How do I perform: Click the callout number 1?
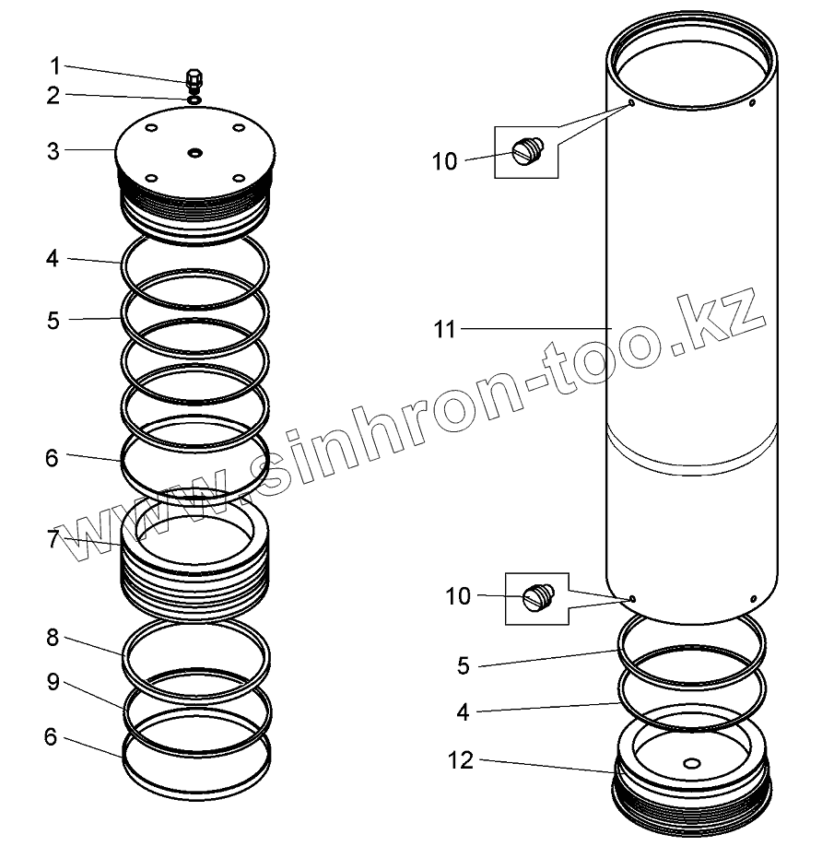click(54, 66)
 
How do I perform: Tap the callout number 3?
click(54, 150)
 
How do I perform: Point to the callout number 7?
click(54, 539)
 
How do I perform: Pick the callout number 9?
click(54, 683)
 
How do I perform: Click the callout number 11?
click(446, 328)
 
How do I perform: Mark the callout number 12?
click(460, 760)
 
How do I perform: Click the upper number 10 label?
click(444, 161)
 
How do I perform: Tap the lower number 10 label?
click(458, 596)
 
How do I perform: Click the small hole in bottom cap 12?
click(691, 763)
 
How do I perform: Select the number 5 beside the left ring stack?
click(54, 321)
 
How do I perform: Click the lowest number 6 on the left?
click(54, 736)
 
